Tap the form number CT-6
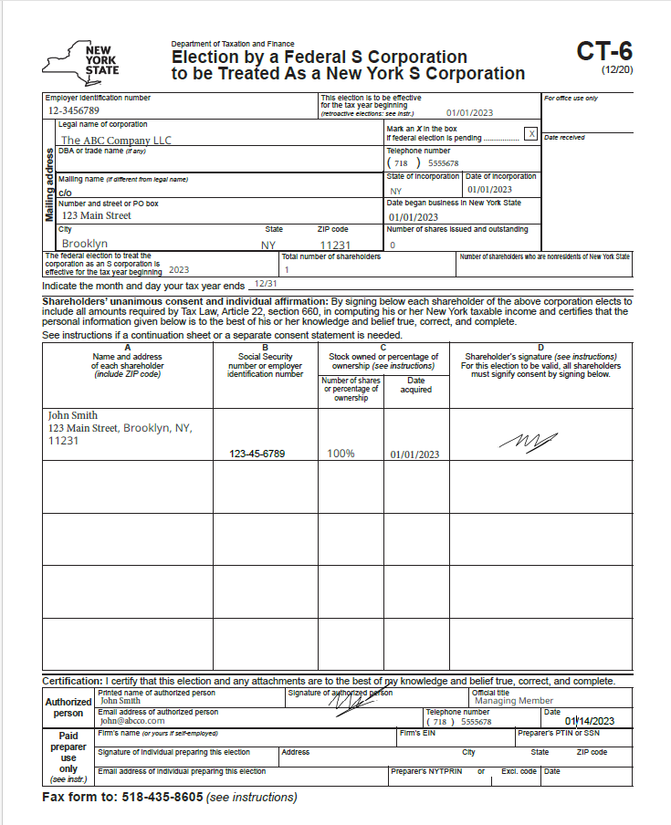click(603, 51)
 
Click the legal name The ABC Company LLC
click(116, 141)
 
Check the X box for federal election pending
click(530, 134)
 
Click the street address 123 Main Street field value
click(97, 216)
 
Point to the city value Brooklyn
click(85, 244)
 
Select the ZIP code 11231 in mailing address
click(335, 245)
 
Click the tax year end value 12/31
click(266, 285)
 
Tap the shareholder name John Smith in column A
click(73, 415)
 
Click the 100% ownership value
click(341, 454)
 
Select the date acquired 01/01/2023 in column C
click(414, 454)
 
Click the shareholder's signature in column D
click(529, 441)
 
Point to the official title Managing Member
click(514, 701)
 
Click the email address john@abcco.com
click(132, 721)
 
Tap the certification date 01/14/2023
click(590, 721)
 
